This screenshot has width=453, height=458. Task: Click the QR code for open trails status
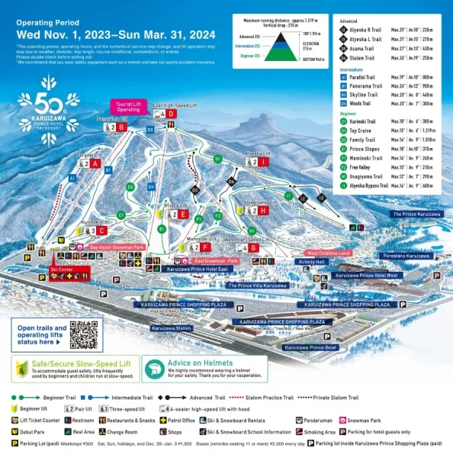coord(85,335)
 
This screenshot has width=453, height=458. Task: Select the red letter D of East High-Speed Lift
coord(172,114)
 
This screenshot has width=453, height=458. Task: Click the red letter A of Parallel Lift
coord(95,163)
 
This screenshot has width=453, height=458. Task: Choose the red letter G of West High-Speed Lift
coord(254,247)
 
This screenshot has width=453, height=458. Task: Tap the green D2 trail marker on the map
coord(130,186)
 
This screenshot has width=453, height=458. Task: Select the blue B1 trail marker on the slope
coord(108,170)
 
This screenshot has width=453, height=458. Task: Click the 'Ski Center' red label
coord(62,269)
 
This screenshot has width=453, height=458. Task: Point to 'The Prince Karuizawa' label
coord(416,214)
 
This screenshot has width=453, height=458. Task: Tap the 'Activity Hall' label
coord(312,262)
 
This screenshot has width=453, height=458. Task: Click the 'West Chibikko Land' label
coord(328,252)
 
